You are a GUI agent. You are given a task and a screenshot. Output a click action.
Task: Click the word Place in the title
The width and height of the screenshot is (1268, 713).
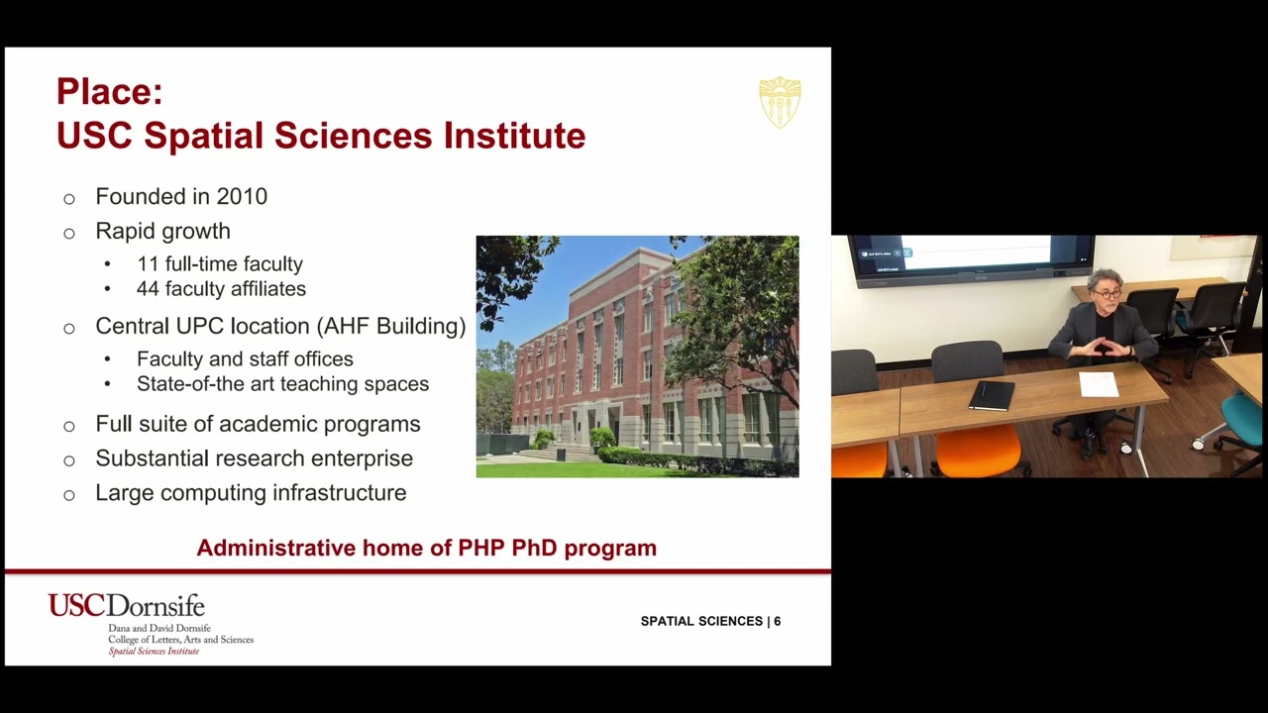107,92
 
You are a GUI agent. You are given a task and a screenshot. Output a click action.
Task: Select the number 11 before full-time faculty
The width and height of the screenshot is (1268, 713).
147,264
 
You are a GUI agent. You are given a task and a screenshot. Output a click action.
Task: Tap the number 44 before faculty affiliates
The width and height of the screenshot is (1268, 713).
148,289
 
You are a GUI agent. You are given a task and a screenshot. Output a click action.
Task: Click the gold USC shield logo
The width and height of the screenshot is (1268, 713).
780,101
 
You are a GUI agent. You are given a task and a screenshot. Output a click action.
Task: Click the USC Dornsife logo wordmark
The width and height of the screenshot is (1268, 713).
126,605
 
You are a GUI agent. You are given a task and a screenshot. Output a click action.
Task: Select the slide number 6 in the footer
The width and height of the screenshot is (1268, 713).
778,621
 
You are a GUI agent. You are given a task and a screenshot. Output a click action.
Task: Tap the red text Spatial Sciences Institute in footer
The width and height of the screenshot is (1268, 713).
154,652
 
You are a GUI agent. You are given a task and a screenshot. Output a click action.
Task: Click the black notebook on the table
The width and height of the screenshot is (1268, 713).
992,395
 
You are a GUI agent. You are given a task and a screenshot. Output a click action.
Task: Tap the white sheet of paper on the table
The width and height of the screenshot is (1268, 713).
1098,384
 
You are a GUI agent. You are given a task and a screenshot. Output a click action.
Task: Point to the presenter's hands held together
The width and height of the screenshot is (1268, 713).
1101,348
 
